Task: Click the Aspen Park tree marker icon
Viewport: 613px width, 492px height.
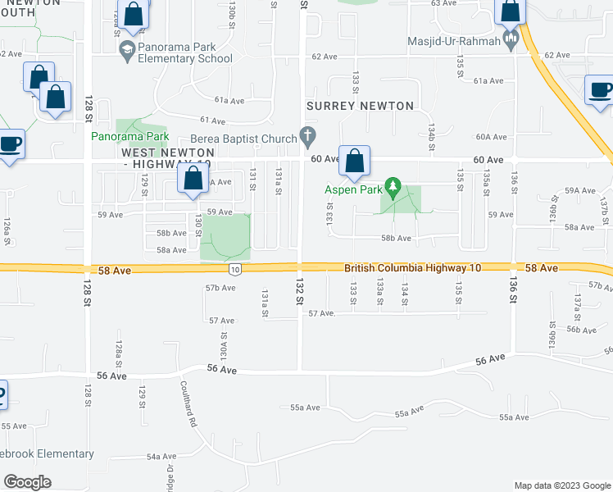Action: pos(393,188)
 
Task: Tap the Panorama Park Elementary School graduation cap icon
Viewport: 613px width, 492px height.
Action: pos(127,52)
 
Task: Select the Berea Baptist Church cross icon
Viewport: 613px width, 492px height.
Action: pos(308,135)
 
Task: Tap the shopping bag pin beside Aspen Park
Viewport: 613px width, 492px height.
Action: pos(355,161)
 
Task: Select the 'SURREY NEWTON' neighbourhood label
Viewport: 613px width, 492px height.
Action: pos(360,106)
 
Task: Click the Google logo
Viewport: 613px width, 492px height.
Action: pos(27,482)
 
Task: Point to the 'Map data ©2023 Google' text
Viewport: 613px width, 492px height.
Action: pos(561,485)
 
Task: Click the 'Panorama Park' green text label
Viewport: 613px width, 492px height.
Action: pos(129,136)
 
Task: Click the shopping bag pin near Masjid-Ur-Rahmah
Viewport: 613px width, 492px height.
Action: pos(510,11)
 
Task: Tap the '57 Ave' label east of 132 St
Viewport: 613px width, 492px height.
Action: pos(322,313)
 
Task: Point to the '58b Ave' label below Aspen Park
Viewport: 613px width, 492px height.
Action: pos(395,238)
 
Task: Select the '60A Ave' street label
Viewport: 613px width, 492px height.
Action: pos(492,137)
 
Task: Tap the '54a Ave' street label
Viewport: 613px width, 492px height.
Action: pos(161,456)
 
